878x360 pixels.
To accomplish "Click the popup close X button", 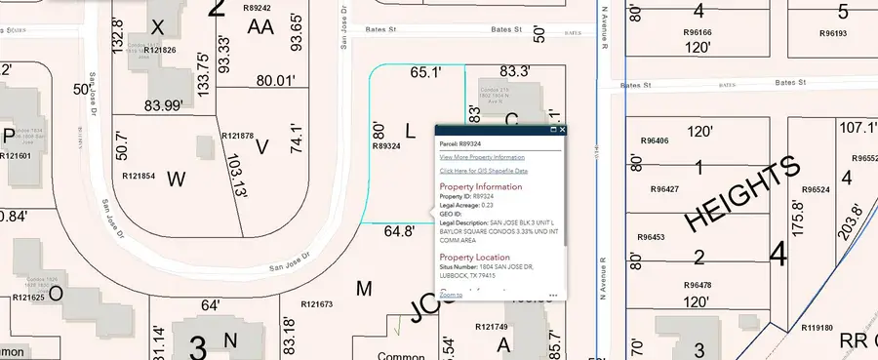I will (x=563, y=129).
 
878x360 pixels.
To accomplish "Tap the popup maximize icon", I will (x=553, y=129).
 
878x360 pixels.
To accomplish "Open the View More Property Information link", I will (x=482, y=156).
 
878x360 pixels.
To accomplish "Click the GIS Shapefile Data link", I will (x=483, y=171).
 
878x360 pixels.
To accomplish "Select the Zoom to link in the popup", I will (x=451, y=294).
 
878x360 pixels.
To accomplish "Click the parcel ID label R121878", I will (x=238, y=136).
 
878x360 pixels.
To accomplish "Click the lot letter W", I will (x=176, y=179).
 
